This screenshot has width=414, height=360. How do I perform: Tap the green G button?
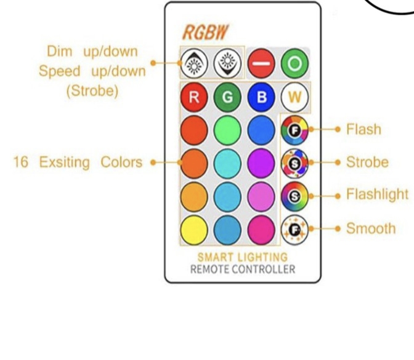tap(227, 98)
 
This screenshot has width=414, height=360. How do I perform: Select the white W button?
tap(294, 98)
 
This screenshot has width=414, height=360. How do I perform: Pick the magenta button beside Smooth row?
tap(261, 230)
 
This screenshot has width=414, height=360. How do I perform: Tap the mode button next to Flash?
tap(294, 130)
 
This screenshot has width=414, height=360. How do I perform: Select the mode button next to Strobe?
tap(294, 163)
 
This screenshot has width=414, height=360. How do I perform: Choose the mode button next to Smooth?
tap(294, 228)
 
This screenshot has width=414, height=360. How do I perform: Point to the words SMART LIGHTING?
tap(242, 257)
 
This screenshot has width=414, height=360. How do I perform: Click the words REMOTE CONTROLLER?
tap(242, 269)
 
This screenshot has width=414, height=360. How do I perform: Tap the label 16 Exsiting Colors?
tap(78, 163)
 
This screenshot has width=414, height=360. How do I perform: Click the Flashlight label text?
tap(376, 195)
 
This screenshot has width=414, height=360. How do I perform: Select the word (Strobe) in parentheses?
tap(92, 91)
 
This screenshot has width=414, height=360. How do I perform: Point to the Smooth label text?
tap(370, 228)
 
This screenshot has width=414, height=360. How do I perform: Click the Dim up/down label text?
tap(92, 51)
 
